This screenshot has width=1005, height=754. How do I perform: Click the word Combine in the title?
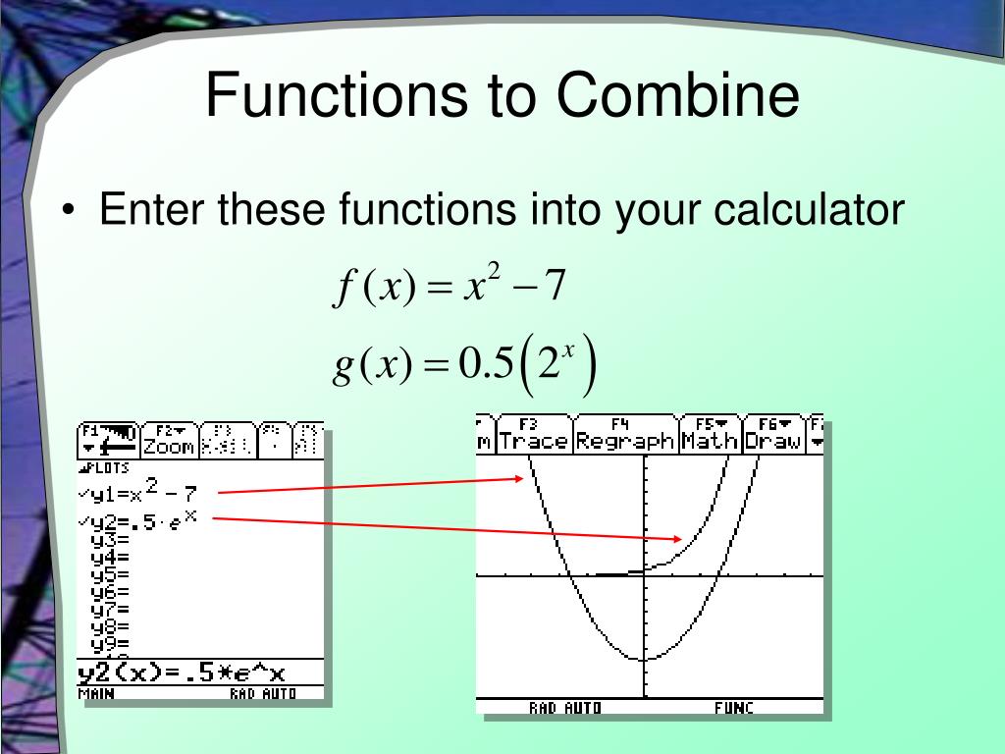tap(678, 97)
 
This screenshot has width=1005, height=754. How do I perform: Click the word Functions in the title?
tap(335, 97)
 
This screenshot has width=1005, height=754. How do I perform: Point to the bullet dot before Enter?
tap(69, 212)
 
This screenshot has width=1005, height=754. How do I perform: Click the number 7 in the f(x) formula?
tap(555, 288)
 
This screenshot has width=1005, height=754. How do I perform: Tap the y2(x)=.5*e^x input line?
tap(182, 673)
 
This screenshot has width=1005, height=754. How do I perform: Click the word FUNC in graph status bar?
tap(733, 707)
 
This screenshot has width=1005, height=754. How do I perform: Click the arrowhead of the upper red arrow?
tap(519, 479)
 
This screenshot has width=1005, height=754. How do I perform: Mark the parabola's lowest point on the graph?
tap(644, 659)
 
